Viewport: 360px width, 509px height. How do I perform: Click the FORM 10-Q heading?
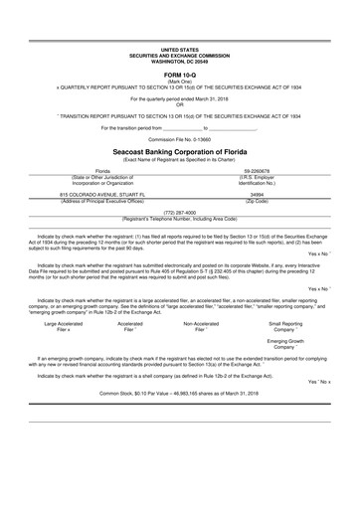179,75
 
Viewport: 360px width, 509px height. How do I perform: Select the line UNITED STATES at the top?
179,48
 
